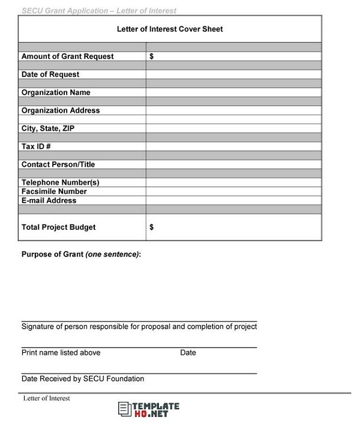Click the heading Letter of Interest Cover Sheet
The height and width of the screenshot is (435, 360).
(x=169, y=29)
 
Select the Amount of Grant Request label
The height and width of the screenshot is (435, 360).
(x=67, y=56)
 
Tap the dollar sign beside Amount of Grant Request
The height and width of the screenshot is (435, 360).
(x=151, y=56)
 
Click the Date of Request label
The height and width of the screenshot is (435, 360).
(x=50, y=74)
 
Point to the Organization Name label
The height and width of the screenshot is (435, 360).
(x=56, y=92)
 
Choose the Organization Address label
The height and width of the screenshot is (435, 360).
(x=61, y=110)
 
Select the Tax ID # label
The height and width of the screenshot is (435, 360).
(x=36, y=146)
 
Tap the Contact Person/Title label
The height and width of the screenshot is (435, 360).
(x=58, y=164)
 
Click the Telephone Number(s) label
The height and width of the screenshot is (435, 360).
(x=60, y=182)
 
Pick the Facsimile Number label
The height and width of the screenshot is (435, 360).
(x=54, y=191)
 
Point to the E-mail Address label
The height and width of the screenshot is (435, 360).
(x=49, y=200)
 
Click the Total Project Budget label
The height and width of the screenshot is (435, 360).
(x=58, y=227)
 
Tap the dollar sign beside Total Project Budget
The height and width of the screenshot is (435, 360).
(x=151, y=227)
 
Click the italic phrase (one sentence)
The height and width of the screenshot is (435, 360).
(x=113, y=254)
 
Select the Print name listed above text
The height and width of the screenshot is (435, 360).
(x=61, y=353)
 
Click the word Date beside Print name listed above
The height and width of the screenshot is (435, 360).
(x=188, y=353)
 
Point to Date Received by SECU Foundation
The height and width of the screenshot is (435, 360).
(x=83, y=379)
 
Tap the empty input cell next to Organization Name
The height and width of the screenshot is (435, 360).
(x=233, y=92)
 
